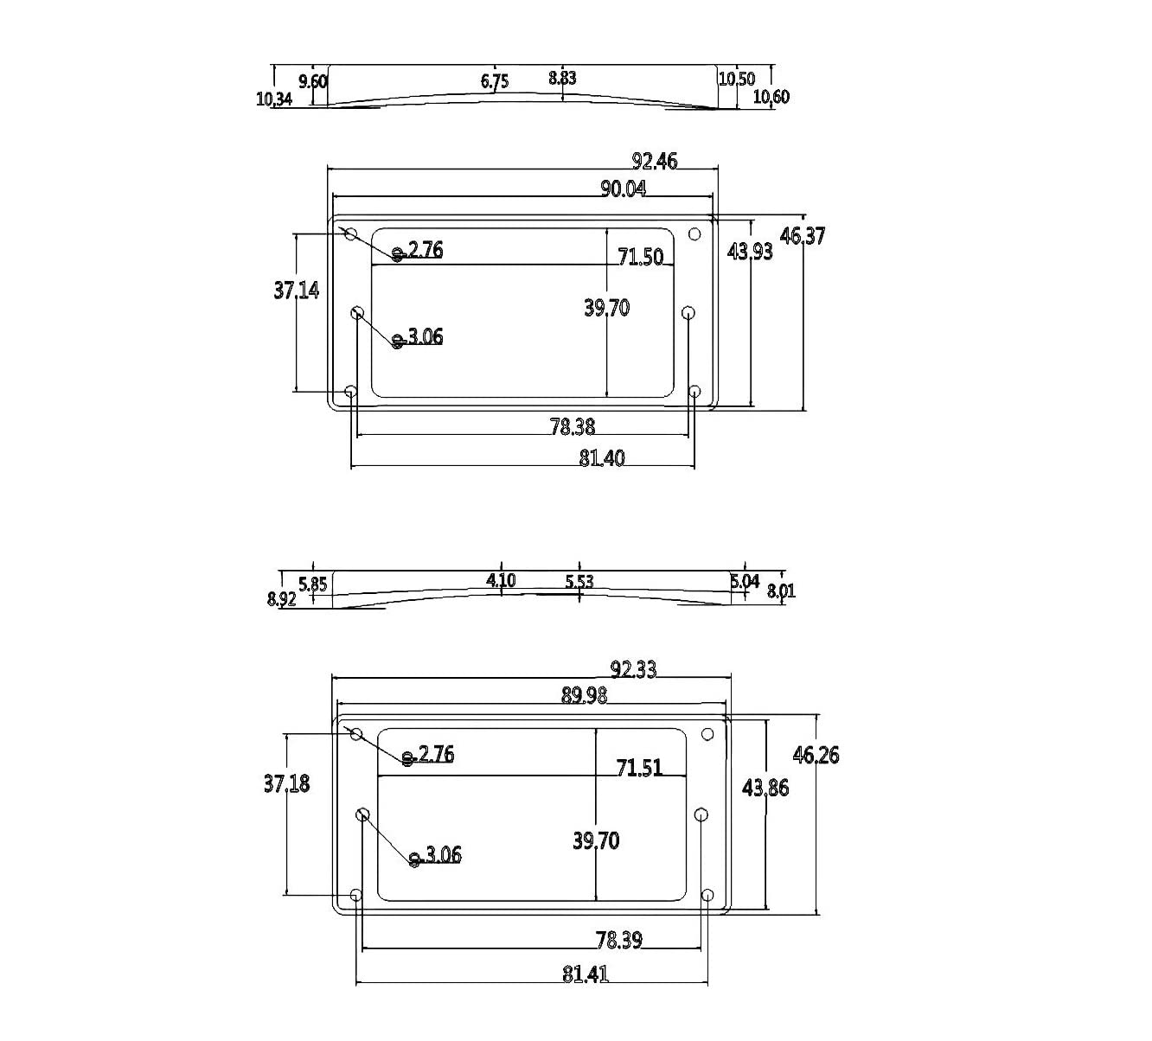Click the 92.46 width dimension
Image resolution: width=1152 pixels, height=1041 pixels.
(655, 161)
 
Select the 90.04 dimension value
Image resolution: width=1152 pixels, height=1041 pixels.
(623, 188)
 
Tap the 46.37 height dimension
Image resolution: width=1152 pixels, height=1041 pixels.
(803, 235)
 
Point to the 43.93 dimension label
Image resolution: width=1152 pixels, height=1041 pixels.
(750, 251)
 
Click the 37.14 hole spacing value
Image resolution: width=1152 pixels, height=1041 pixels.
(297, 290)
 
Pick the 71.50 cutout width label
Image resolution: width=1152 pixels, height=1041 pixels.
(640, 257)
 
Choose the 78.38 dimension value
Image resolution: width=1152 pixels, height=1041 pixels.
(573, 426)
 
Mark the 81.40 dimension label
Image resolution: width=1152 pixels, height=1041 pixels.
(602, 458)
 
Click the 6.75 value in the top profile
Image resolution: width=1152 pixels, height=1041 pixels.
(495, 81)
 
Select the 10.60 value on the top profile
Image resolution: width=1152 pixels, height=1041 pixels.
(771, 97)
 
